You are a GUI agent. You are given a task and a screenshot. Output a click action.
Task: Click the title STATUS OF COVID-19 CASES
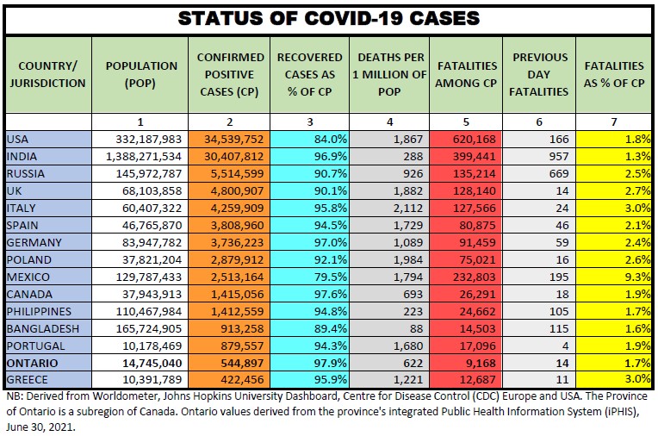(x=328, y=17)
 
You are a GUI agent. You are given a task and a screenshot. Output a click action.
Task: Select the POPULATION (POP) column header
(x=141, y=74)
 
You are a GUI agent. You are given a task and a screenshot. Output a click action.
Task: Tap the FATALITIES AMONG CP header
(x=467, y=74)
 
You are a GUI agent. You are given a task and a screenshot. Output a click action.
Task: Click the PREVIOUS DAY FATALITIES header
(x=540, y=74)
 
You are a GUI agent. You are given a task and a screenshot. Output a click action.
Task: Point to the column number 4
(x=389, y=121)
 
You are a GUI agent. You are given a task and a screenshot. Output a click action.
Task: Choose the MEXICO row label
(x=28, y=277)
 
